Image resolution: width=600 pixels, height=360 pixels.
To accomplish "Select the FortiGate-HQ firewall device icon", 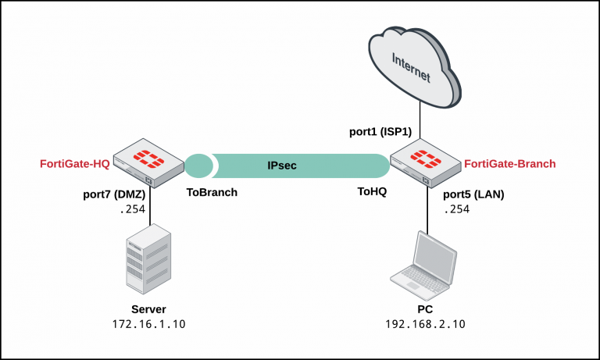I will (144, 162).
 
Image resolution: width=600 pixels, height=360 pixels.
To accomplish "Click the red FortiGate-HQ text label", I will (75, 164).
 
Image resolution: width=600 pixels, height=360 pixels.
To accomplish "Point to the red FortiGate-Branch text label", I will (510, 164).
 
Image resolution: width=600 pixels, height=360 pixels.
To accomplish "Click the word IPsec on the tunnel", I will (282, 166).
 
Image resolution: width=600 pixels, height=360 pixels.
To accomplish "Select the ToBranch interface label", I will (212, 191).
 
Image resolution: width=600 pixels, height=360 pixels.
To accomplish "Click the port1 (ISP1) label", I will (380, 132).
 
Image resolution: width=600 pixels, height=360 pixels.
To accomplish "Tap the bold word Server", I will (148, 308).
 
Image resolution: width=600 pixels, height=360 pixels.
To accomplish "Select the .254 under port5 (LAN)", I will (458, 210).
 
